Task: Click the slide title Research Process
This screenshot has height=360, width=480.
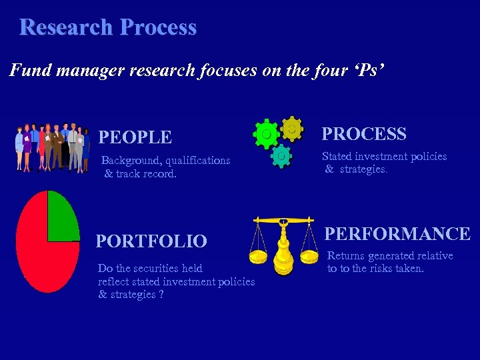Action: click(108, 27)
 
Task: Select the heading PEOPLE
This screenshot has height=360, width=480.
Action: click(135, 137)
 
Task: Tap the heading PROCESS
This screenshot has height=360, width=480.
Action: click(364, 134)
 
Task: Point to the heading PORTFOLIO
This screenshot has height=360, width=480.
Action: click(151, 241)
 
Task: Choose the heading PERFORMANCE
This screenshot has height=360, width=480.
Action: click(397, 234)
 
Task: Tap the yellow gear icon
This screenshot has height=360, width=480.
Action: click(291, 128)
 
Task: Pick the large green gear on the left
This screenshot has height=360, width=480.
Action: click(267, 134)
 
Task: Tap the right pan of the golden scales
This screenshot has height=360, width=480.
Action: click(309, 256)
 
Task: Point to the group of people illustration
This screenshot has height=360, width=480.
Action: click(52, 147)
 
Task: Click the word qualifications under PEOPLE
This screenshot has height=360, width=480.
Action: click(198, 160)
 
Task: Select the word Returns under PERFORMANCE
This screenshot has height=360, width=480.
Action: click(345, 256)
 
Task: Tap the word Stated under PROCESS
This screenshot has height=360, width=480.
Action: click(337, 157)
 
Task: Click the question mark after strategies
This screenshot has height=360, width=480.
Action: click(161, 295)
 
